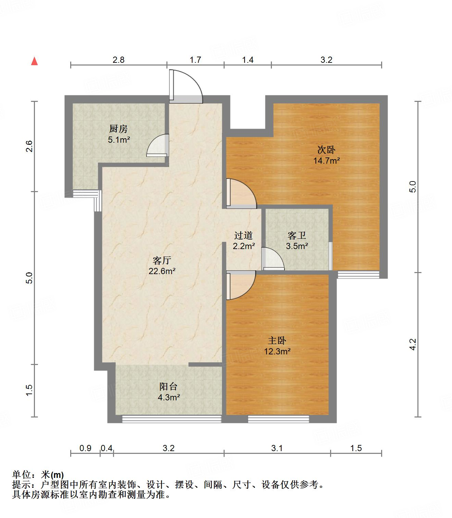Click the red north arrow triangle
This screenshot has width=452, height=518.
[34, 61]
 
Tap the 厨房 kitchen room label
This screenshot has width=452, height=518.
[118, 129]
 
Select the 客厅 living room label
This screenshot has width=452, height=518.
[162, 260]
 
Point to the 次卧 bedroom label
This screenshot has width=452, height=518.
[326, 150]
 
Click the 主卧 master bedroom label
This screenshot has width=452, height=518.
[277, 341]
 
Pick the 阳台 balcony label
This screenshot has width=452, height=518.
[168, 387]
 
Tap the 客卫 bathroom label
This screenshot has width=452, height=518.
[297, 236]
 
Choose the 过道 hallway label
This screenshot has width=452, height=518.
[243, 235]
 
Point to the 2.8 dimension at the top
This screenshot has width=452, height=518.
[118, 60]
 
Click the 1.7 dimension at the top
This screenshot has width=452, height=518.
[195, 60]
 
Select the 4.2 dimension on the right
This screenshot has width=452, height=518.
[412, 344]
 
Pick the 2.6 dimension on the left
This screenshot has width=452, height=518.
[29, 146]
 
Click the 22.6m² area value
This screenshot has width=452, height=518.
[162, 271]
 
